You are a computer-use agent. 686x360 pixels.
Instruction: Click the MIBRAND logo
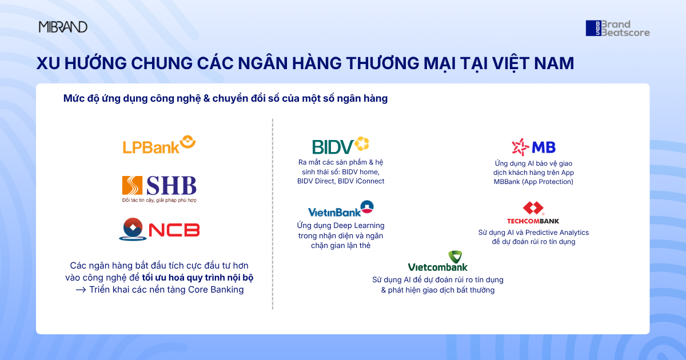click(x=63, y=27)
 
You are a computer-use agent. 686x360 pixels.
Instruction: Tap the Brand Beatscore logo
click(x=617, y=29)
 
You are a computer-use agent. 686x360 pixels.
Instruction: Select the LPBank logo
click(x=159, y=145)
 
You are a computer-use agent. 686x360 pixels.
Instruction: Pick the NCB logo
click(x=159, y=230)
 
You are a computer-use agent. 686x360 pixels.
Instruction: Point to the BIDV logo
click(x=341, y=146)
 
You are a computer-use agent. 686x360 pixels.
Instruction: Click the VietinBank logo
click(x=341, y=209)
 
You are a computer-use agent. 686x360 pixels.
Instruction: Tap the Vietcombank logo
click(x=438, y=261)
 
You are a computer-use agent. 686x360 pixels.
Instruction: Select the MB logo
click(x=533, y=147)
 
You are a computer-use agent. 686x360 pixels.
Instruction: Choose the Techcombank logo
click(x=533, y=213)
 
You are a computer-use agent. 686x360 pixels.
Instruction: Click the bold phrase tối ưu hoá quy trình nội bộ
click(x=198, y=278)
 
